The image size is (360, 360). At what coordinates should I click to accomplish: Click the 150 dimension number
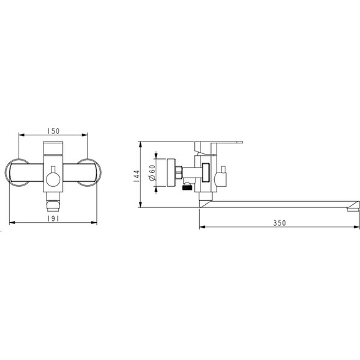tap(53, 131)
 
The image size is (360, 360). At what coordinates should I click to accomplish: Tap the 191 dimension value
tap(53, 219)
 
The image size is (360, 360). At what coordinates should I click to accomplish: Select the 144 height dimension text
tap(137, 176)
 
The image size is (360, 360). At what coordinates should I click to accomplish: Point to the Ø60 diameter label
tap(152, 173)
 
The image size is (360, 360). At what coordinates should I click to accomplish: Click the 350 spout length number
tap(279, 223)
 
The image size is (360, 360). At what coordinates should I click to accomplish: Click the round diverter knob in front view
tap(53, 180)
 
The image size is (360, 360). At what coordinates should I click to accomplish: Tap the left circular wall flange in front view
tap(17, 173)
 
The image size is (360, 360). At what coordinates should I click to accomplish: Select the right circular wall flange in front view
tap(89, 173)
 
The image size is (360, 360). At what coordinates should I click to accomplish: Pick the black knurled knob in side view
tap(187, 187)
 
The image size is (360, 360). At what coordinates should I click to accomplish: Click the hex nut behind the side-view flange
tap(179, 173)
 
